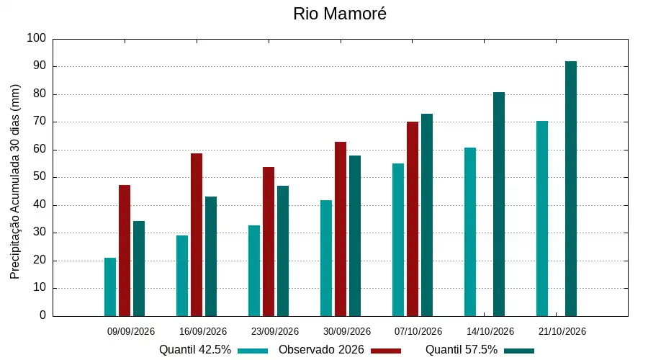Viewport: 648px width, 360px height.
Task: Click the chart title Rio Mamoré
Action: point(340,14)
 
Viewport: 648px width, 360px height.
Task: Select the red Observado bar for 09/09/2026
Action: point(125,251)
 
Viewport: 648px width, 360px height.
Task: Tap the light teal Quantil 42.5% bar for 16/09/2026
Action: point(182,276)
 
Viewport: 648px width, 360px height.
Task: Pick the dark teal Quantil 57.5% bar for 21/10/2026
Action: point(571,189)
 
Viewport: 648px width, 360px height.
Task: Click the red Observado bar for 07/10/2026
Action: point(413,219)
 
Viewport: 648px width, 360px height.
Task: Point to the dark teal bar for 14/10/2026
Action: point(499,204)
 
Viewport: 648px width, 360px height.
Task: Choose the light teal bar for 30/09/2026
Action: point(326,258)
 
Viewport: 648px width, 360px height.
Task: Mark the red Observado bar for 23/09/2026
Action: point(269,242)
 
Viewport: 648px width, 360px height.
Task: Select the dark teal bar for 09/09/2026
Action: point(139,269)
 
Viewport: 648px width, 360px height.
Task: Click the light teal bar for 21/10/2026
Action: point(542,219)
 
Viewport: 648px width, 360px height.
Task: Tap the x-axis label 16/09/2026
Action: point(203,331)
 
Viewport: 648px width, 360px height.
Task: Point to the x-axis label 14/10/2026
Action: point(490,331)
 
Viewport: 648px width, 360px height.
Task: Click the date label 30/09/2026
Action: point(347,331)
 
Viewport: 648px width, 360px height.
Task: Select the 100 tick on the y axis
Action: point(37,38)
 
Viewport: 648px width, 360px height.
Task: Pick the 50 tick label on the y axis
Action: point(40,177)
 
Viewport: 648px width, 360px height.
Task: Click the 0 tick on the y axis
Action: point(43,315)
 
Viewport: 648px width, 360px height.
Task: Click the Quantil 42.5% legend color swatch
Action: point(253,351)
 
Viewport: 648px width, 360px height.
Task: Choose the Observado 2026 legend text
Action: point(321,350)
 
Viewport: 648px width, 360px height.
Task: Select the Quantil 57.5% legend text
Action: point(462,350)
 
